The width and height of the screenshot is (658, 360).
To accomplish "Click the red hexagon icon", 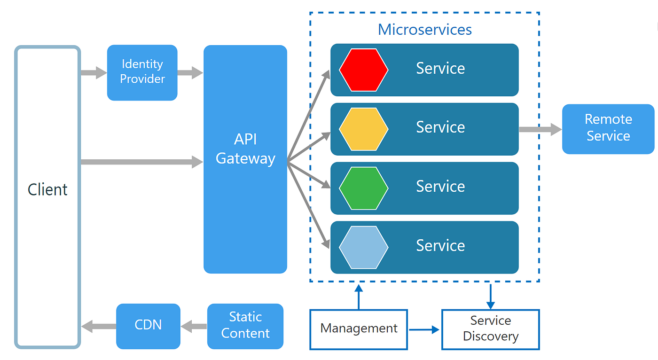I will (x=363, y=70).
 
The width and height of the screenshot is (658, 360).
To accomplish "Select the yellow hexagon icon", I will (x=363, y=129).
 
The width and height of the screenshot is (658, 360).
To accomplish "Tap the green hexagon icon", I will (x=363, y=188).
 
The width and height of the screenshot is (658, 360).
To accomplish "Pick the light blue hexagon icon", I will (x=363, y=247).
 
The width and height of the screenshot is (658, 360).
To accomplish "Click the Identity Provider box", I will (x=142, y=72).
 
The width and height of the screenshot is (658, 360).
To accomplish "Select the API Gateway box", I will (x=245, y=159).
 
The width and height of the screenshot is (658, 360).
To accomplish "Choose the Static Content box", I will (x=245, y=326).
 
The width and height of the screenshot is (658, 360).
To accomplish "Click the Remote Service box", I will (x=608, y=128).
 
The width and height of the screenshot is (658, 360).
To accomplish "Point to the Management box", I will (x=358, y=329).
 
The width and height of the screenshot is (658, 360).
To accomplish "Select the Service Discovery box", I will (x=490, y=329).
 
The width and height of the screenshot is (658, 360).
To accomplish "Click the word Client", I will (x=47, y=189).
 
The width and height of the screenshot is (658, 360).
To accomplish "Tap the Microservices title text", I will (x=424, y=30).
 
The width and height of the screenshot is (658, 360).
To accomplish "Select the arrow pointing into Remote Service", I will (x=540, y=129).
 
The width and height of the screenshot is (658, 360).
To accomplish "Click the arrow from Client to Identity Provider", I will (x=94, y=72).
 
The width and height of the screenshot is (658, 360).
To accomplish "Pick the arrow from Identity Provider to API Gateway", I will (x=190, y=72).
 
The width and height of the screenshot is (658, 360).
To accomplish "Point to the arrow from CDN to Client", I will (x=98, y=326).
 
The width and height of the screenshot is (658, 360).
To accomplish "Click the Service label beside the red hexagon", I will (x=440, y=69).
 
